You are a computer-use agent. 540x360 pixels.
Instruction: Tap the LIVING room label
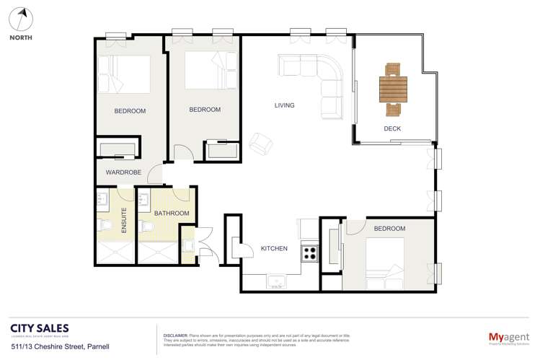click(285, 105)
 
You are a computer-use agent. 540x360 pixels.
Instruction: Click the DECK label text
click(392, 129)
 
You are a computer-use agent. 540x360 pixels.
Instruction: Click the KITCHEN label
click(274, 249)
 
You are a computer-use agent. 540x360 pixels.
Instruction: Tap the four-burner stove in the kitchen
click(310, 253)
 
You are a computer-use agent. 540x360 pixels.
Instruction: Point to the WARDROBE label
click(123, 173)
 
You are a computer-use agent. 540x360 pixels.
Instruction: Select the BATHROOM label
click(172, 214)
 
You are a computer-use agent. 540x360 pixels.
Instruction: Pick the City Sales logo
click(40, 329)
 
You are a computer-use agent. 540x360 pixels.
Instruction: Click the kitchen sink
click(277, 280)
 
